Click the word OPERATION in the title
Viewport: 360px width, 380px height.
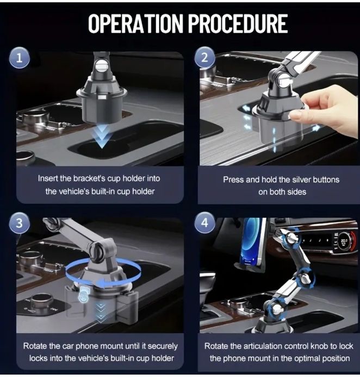pyautogui.click(x=135, y=23)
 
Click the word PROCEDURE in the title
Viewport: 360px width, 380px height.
pyautogui.click(x=238, y=23)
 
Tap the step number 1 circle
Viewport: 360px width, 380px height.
pyautogui.click(x=20, y=58)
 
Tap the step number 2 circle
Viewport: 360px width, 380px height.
pyautogui.click(x=205, y=58)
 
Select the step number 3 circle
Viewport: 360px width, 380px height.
pyautogui.click(x=20, y=223)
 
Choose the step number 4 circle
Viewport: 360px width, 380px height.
pyautogui.click(x=205, y=222)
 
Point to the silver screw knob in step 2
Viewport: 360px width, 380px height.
pyautogui.click(x=284, y=80)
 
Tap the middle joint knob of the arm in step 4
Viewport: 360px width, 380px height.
pyautogui.click(x=305, y=278)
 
